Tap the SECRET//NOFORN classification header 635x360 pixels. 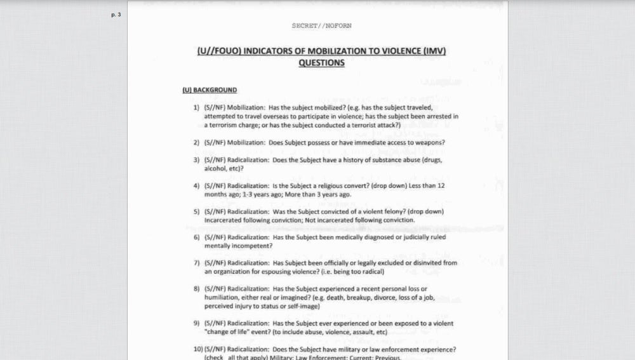click(x=321, y=26)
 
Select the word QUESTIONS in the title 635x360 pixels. click(x=321, y=63)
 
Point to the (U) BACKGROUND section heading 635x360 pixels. click(x=210, y=90)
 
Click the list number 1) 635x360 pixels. click(x=197, y=108)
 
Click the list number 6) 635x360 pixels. click(x=197, y=237)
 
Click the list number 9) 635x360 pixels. click(x=197, y=323)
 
